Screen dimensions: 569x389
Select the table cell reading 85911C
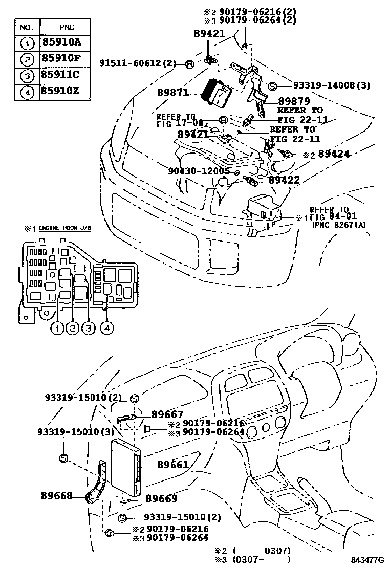[x=60, y=75]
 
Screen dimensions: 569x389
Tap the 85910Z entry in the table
[x=60, y=92]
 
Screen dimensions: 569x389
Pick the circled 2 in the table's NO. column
[x=27, y=59]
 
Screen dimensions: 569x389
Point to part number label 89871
[x=173, y=93]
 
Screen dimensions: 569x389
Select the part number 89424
[x=334, y=154]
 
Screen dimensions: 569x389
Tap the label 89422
[x=284, y=180]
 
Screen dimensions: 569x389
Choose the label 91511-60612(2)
[x=137, y=63]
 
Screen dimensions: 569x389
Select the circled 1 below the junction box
[x=57, y=329]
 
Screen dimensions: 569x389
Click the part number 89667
[x=167, y=415]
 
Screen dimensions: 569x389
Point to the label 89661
[x=172, y=465]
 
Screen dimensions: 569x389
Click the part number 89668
[x=56, y=495]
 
